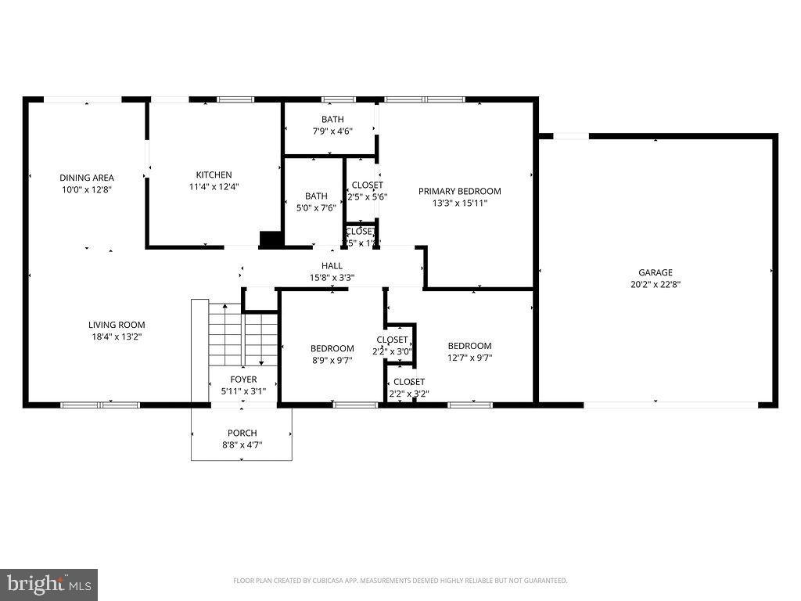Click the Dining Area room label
coord(86,178)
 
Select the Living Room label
coord(116,325)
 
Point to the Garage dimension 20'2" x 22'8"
coord(655,285)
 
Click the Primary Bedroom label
coord(459,191)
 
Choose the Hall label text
coord(332,266)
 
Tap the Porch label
coord(242,433)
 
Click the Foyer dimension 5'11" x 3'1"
coord(243,390)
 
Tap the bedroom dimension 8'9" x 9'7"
coord(332,361)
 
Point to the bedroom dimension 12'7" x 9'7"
coord(469,358)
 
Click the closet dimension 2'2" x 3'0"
coord(391,351)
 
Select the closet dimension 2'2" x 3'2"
coord(408,394)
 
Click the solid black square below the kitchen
coord(271,239)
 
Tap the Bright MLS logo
coord(48,584)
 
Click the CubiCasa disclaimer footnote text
coord(400,581)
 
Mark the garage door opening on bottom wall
coord(670,405)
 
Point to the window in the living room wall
coord(100,405)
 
